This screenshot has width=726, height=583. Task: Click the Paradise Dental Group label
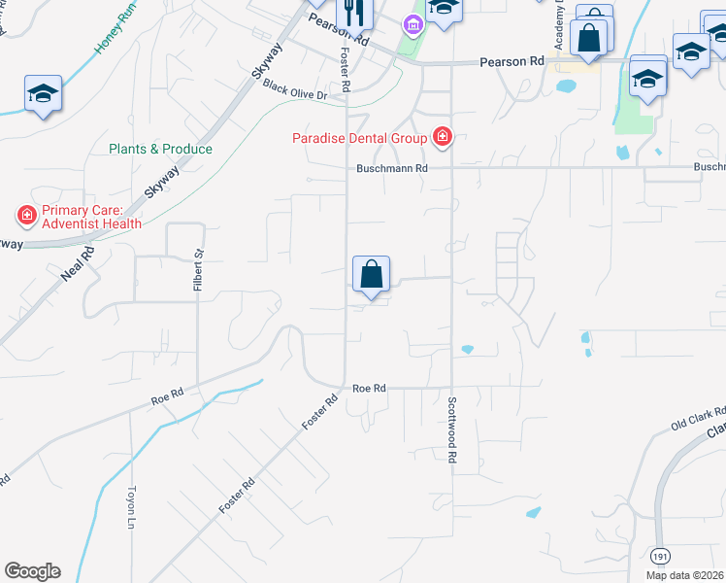(x=360, y=138)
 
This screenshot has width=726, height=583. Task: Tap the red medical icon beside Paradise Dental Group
(x=443, y=137)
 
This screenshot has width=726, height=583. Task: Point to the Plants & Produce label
(x=160, y=149)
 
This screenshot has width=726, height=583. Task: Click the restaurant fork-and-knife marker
(x=355, y=13)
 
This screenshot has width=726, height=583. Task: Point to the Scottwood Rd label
(x=453, y=429)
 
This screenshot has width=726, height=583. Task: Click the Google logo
(x=32, y=571)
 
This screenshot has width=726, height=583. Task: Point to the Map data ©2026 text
(x=685, y=575)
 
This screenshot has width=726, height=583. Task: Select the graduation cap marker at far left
(x=43, y=94)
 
